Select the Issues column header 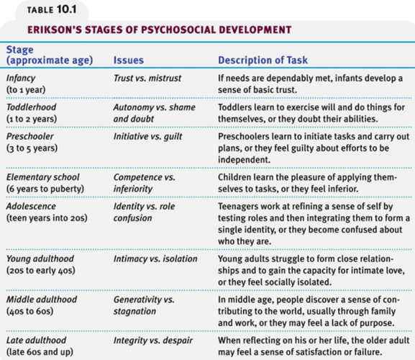pos(129,61)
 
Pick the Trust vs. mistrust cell pos(147,77)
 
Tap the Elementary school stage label pos(43,177)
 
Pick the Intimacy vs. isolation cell pos(152,258)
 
